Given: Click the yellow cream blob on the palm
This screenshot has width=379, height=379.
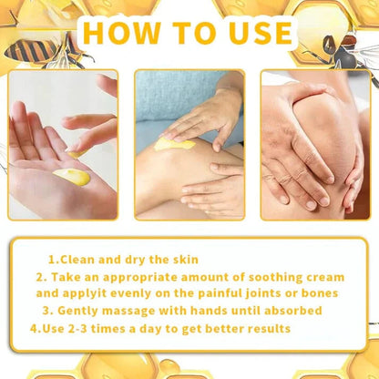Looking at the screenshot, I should pos(71,176).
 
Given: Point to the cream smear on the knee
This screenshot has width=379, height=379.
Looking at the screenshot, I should pos(174,143).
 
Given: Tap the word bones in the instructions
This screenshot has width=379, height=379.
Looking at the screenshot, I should pos(314,293).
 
